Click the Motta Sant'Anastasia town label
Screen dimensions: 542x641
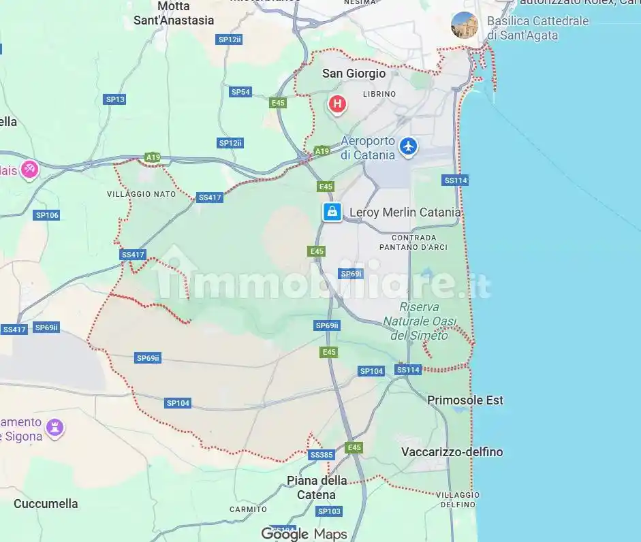click(x=174, y=14)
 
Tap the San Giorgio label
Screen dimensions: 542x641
click(x=354, y=74)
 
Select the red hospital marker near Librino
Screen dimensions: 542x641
click(x=337, y=104)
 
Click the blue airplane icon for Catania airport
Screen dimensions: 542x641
click(x=408, y=146)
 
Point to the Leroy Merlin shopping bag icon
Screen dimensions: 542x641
click(x=332, y=212)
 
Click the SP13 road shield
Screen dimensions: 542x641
click(x=115, y=99)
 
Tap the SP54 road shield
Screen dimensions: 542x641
click(x=241, y=92)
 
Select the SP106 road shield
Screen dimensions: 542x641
click(x=47, y=215)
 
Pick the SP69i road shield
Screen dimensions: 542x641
click(x=351, y=274)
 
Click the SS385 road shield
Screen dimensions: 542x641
click(x=321, y=455)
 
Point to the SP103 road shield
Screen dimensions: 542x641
click(x=329, y=511)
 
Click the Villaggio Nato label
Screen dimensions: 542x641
click(x=141, y=194)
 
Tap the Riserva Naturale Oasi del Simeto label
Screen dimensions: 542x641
click(x=420, y=321)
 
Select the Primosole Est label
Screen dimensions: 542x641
click(x=465, y=400)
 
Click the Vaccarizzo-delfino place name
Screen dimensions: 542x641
click(x=452, y=452)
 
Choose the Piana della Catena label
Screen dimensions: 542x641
click(x=316, y=488)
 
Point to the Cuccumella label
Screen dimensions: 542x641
click(x=46, y=504)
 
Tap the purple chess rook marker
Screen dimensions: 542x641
click(x=55, y=428)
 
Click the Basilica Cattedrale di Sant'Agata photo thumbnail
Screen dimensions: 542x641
click(x=465, y=25)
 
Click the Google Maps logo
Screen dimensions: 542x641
click(x=304, y=535)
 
